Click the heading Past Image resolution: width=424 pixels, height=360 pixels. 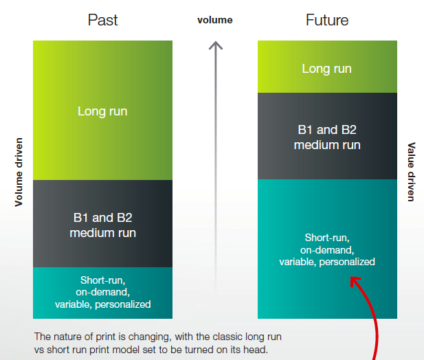click(102, 20)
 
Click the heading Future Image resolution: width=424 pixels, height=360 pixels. click(326, 20)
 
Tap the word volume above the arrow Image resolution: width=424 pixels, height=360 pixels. click(215, 20)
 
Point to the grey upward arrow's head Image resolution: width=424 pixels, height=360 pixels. click(216, 46)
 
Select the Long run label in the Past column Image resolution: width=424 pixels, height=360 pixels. click(102, 111)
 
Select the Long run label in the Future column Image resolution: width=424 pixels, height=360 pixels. click(327, 68)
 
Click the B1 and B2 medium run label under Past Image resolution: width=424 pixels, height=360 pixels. click(102, 225)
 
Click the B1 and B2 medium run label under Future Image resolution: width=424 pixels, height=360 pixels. click(327, 137)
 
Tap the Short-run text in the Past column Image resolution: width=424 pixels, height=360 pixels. click(102, 279)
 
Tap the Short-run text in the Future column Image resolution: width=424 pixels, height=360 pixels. click(327, 237)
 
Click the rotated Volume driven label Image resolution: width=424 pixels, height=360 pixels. click(19, 171)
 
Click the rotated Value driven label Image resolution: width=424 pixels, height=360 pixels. click(412, 171)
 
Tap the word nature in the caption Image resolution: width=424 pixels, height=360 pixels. click(67, 337)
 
